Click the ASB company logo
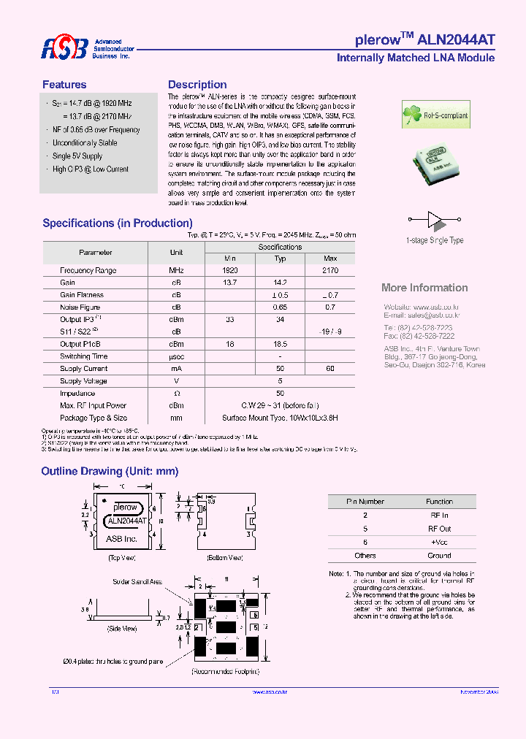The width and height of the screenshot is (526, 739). tap(64, 48)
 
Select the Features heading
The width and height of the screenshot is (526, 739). tap(64, 85)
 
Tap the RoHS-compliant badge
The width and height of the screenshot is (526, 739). tap(435, 115)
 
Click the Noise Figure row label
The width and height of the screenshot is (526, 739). tap(80, 307)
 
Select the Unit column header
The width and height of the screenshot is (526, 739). tap(176, 253)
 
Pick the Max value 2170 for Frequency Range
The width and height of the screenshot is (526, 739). tap(329, 270)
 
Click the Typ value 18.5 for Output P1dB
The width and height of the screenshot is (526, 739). tap(280, 344)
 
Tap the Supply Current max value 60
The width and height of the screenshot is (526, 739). tap(329, 369)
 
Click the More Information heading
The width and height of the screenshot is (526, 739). tap(424, 288)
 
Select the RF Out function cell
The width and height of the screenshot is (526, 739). tap(439, 528)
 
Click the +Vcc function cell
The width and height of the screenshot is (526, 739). tap(439, 542)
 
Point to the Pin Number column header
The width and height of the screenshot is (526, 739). tap(365, 502)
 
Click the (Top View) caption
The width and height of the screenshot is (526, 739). tap(122, 557)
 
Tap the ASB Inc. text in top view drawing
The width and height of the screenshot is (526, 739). tap(121, 538)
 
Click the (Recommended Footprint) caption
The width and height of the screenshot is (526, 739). tap(226, 670)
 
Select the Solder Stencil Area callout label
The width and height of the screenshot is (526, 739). tap(137, 582)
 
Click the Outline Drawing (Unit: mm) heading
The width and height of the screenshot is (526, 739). tap(110, 472)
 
